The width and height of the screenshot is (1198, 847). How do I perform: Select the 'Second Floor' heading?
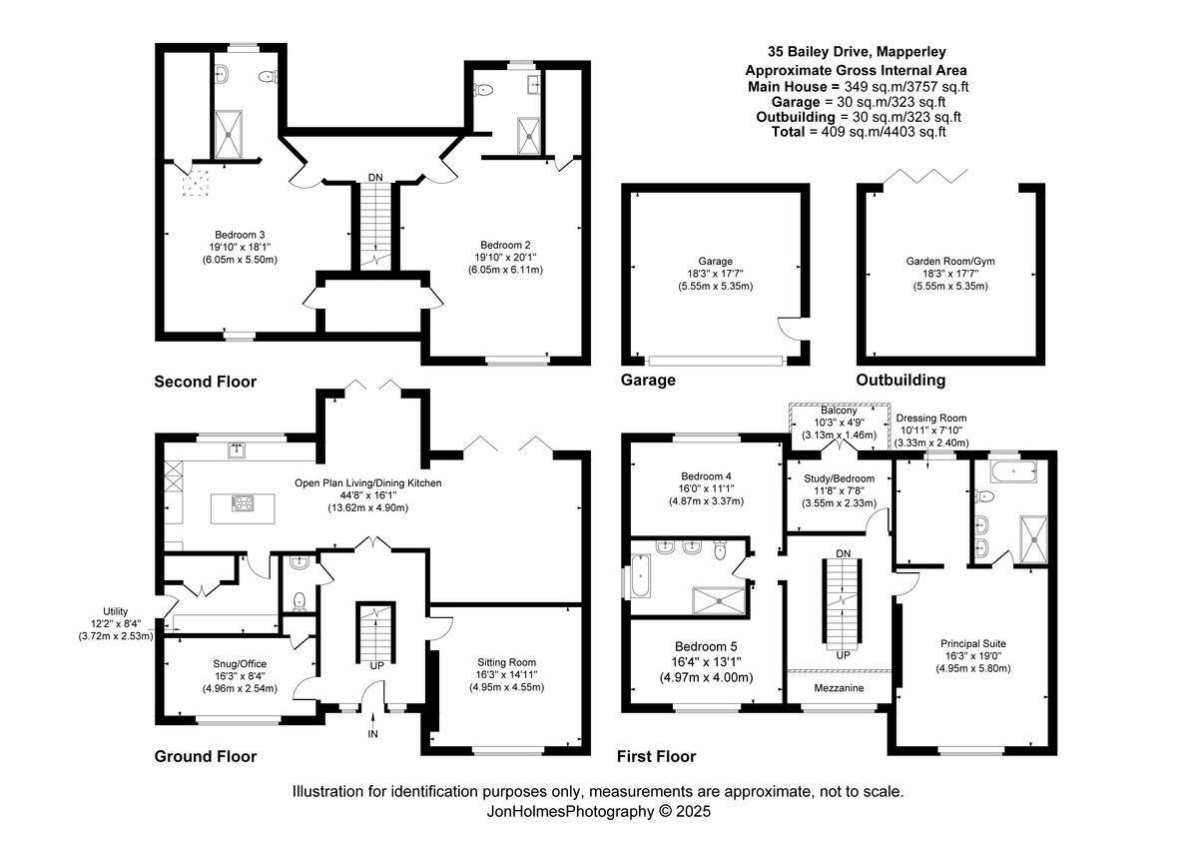point(205,382)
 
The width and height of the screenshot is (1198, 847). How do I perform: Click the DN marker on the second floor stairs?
point(374,177)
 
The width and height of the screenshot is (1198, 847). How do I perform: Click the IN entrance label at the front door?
point(373,734)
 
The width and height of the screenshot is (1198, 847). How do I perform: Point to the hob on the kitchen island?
point(243,503)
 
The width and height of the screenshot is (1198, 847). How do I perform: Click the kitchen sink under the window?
point(238,450)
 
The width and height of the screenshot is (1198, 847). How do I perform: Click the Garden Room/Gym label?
point(949,261)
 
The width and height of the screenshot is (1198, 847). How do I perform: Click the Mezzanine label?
point(837,689)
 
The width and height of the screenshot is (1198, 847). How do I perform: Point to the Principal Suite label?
point(973,643)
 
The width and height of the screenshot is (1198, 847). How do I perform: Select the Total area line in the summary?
point(859,132)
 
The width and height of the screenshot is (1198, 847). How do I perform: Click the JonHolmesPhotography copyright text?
point(598,812)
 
